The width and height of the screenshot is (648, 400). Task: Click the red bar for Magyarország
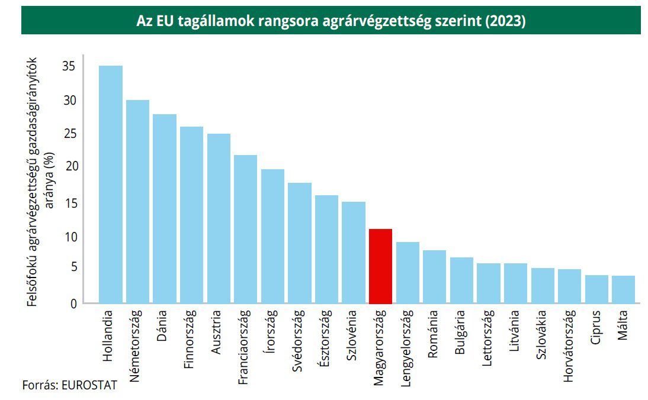point(380,266)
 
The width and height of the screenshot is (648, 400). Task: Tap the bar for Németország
point(137,202)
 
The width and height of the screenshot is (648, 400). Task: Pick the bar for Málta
point(623,289)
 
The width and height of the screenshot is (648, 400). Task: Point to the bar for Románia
point(434,277)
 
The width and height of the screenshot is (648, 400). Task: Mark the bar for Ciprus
point(596,289)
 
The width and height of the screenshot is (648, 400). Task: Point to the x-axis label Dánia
point(162,326)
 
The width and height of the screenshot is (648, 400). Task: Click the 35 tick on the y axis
point(69,66)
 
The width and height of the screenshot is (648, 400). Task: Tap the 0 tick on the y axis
point(73,304)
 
